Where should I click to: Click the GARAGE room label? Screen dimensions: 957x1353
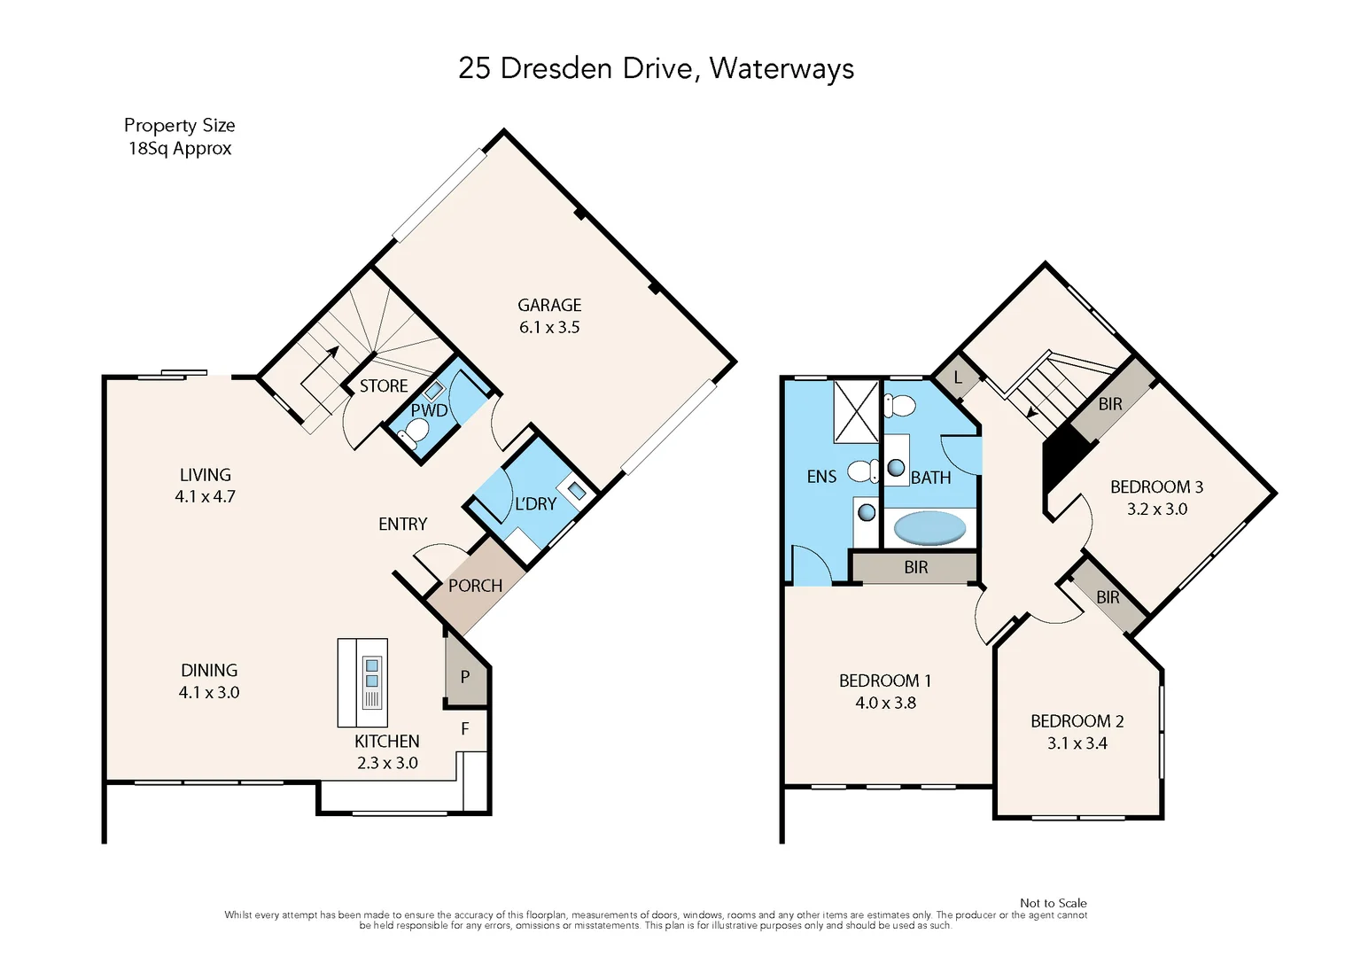(x=549, y=305)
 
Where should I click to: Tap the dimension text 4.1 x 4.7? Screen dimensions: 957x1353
(x=205, y=497)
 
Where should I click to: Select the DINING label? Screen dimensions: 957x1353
(x=209, y=671)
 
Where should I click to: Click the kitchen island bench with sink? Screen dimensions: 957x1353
(x=362, y=682)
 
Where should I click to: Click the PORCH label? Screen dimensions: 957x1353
(x=475, y=586)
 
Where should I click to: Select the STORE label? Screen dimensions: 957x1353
(x=384, y=386)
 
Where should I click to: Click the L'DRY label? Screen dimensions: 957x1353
(x=535, y=504)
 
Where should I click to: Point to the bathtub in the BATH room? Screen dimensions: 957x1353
(x=929, y=528)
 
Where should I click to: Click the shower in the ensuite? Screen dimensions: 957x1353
(x=856, y=411)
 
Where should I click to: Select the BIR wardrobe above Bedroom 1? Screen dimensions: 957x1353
(x=915, y=567)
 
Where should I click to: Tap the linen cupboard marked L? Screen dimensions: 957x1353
(x=957, y=378)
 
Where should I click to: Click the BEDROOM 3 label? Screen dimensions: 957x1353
(x=1156, y=487)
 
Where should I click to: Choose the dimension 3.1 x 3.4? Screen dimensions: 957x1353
(x=1077, y=743)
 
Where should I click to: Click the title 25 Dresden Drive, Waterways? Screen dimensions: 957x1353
(x=656, y=68)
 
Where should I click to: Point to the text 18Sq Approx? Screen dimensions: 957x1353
(x=180, y=149)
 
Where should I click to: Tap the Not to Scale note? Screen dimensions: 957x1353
(x=1053, y=903)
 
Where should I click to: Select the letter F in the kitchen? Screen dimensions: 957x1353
(x=464, y=728)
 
